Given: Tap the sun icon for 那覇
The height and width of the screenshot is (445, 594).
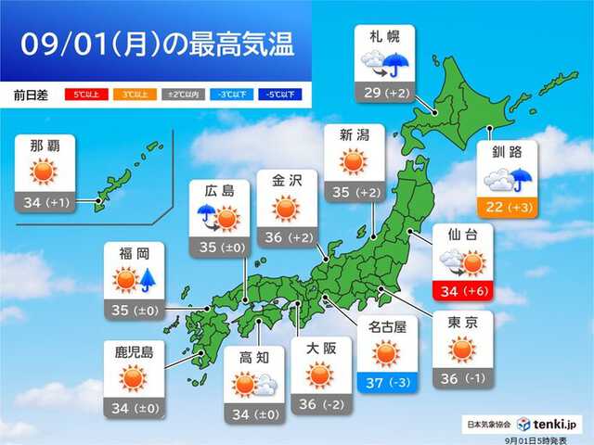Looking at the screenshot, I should (45, 173).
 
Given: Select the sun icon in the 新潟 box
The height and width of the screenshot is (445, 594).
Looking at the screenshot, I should (354, 162).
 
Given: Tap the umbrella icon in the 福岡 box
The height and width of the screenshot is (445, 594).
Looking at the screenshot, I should (147, 279).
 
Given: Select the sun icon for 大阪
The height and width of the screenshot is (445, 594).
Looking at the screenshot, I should (319, 375).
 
